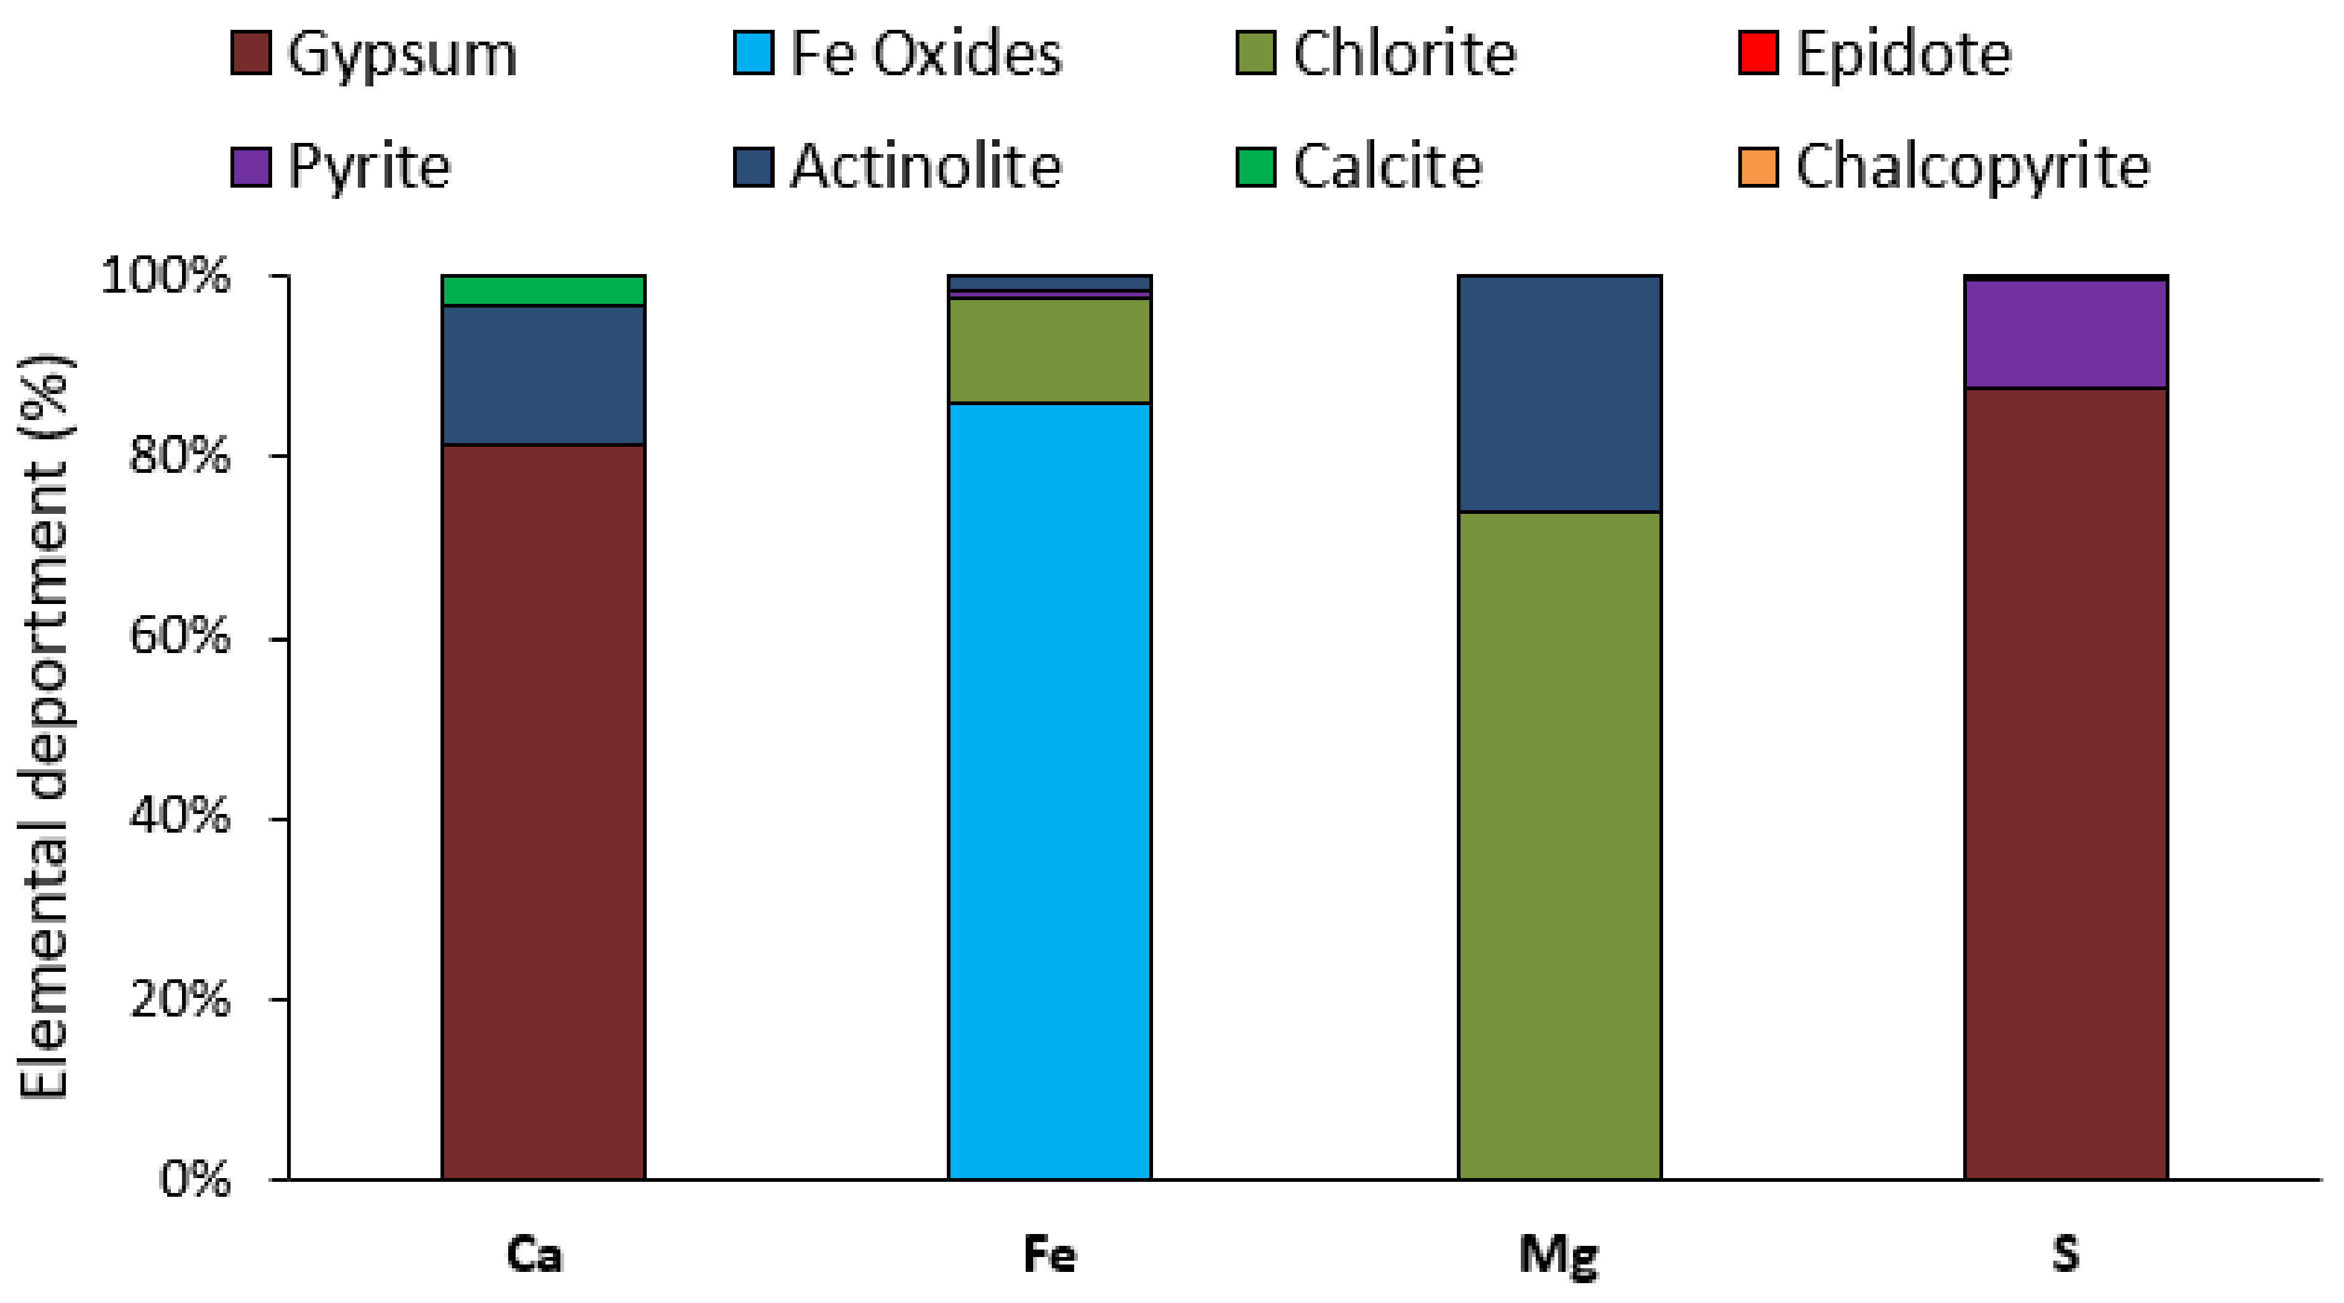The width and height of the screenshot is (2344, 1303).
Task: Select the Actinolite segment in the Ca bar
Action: (x=543, y=375)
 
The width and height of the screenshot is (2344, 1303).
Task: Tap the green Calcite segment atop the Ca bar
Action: (x=543, y=290)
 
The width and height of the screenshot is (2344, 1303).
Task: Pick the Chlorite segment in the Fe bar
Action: (x=1049, y=350)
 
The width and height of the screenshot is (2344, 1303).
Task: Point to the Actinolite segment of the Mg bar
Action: (x=1559, y=393)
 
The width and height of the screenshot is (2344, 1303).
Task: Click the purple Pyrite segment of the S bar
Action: (x=2066, y=334)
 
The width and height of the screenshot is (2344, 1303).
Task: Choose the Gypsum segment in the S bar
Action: (x=2066, y=782)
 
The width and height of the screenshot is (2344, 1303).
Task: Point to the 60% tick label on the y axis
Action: (x=180, y=636)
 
